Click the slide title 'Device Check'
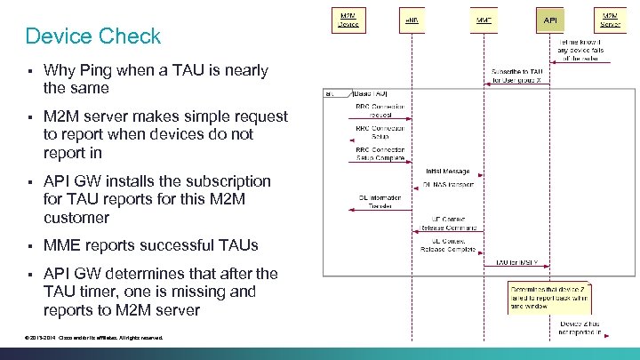93,36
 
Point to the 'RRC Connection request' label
380,109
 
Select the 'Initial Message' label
447,170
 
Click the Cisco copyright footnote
94,338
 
